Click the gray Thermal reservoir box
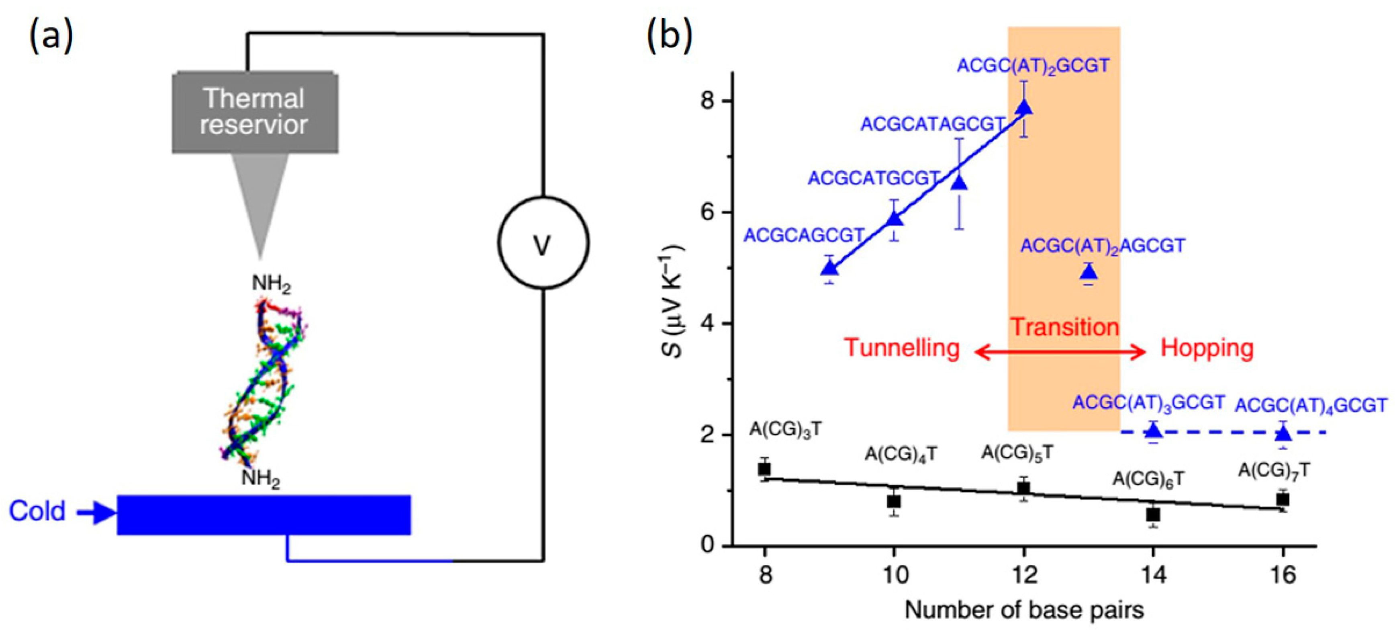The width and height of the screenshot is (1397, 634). click(255, 112)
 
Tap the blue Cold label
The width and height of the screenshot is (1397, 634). click(37, 511)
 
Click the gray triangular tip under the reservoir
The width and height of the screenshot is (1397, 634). click(260, 201)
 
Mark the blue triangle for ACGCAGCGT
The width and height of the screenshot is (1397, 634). click(829, 268)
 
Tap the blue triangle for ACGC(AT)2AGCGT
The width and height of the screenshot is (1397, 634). click(1089, 273)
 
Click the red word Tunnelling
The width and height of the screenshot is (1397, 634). click(902, 348)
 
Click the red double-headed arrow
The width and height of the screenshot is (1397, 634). click(1060, 352)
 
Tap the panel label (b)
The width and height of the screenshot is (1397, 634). click(670, 37)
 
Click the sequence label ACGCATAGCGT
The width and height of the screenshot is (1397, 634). click(933, 124)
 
